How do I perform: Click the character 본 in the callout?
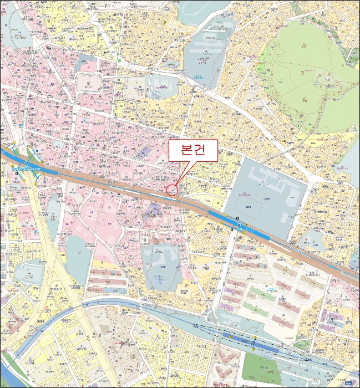[x=184, y=150]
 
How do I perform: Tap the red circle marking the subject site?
[x=172, y=191]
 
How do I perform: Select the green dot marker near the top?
[x=119, y=60]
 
